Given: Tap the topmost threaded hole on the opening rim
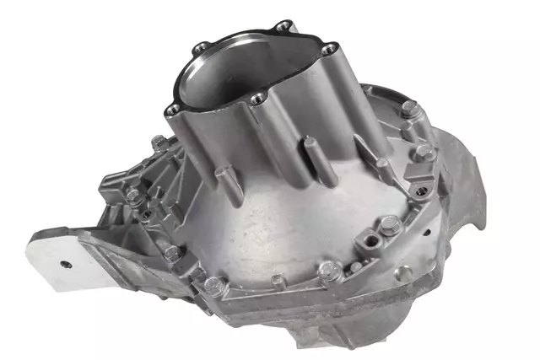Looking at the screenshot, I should [283, 24].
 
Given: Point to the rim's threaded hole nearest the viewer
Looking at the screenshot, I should [258, 100].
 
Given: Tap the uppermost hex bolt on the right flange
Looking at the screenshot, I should [408, 109].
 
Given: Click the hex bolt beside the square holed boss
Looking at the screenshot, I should [390, 225].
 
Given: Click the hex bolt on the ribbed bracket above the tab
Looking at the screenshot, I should [135, 196].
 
